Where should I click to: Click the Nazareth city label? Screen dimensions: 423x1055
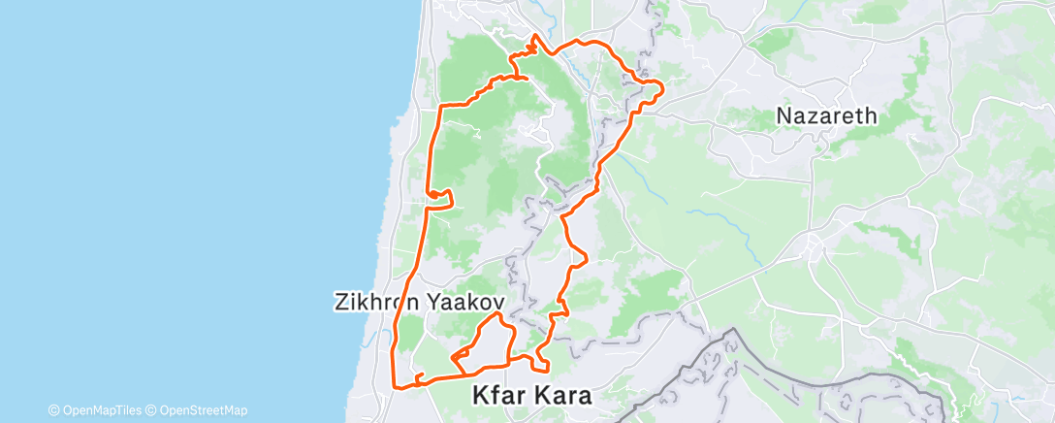coord(826,116)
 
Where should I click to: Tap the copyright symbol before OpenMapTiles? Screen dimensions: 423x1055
coord(54,410)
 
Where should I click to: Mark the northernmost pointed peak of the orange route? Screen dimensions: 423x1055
coord(534,37)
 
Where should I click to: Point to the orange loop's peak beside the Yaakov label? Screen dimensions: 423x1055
coord(496,314)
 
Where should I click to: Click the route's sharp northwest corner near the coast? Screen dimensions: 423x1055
coord(441,105)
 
